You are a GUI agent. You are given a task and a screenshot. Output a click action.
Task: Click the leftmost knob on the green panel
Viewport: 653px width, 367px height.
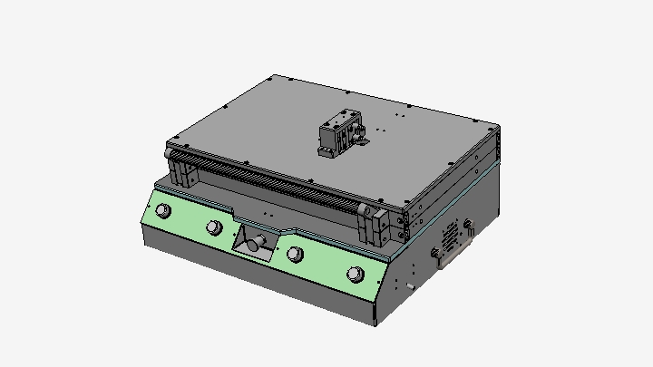(x=163, y=211)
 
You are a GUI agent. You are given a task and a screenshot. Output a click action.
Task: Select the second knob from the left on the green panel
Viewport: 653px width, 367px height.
(x=214, y=227)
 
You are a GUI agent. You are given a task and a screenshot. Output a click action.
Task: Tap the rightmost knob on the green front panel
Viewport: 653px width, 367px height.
(x=354, y=275)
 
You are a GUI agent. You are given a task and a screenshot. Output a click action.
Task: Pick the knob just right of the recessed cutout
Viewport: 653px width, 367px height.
(x=295, y=254)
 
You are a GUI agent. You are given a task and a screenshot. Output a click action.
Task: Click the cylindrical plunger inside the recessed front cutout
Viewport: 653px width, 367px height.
(x=256, y=242)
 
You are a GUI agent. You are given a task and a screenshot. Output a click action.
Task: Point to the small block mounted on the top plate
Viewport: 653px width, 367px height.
(x=340, y=133)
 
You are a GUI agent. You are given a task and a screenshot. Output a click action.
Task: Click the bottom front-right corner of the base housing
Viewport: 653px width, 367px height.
(x=375, y=323)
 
